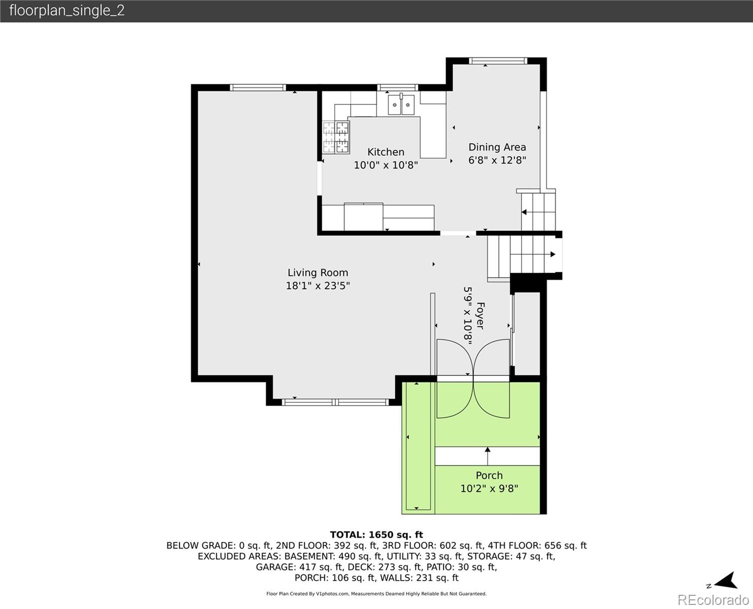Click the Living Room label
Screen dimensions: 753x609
click(x=318, y=273)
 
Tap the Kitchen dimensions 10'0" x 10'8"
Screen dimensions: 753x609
click(x=386, y=165)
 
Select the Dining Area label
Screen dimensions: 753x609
click(x=497, y=147)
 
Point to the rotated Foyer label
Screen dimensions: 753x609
click(x=480, y=316)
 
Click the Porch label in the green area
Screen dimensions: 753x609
click(x=489, y=476)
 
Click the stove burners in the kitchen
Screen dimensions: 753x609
click(x=336, y=137)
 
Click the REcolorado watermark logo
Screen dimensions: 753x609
click(x=713, y=600)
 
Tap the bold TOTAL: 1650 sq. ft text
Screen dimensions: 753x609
click(x=376, y=535)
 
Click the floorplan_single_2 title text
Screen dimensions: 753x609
click(x=67, y=11)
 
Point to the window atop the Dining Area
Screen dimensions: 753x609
click(x=498, y=61)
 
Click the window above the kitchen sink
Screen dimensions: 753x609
click(x=397, y=88)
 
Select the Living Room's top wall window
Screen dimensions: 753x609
click(x=258, y=88)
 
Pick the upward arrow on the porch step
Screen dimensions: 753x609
click(x=488, y=456)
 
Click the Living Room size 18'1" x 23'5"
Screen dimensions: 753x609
click(x=318, y=286)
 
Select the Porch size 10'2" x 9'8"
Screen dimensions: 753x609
click(x=489, y=489)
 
